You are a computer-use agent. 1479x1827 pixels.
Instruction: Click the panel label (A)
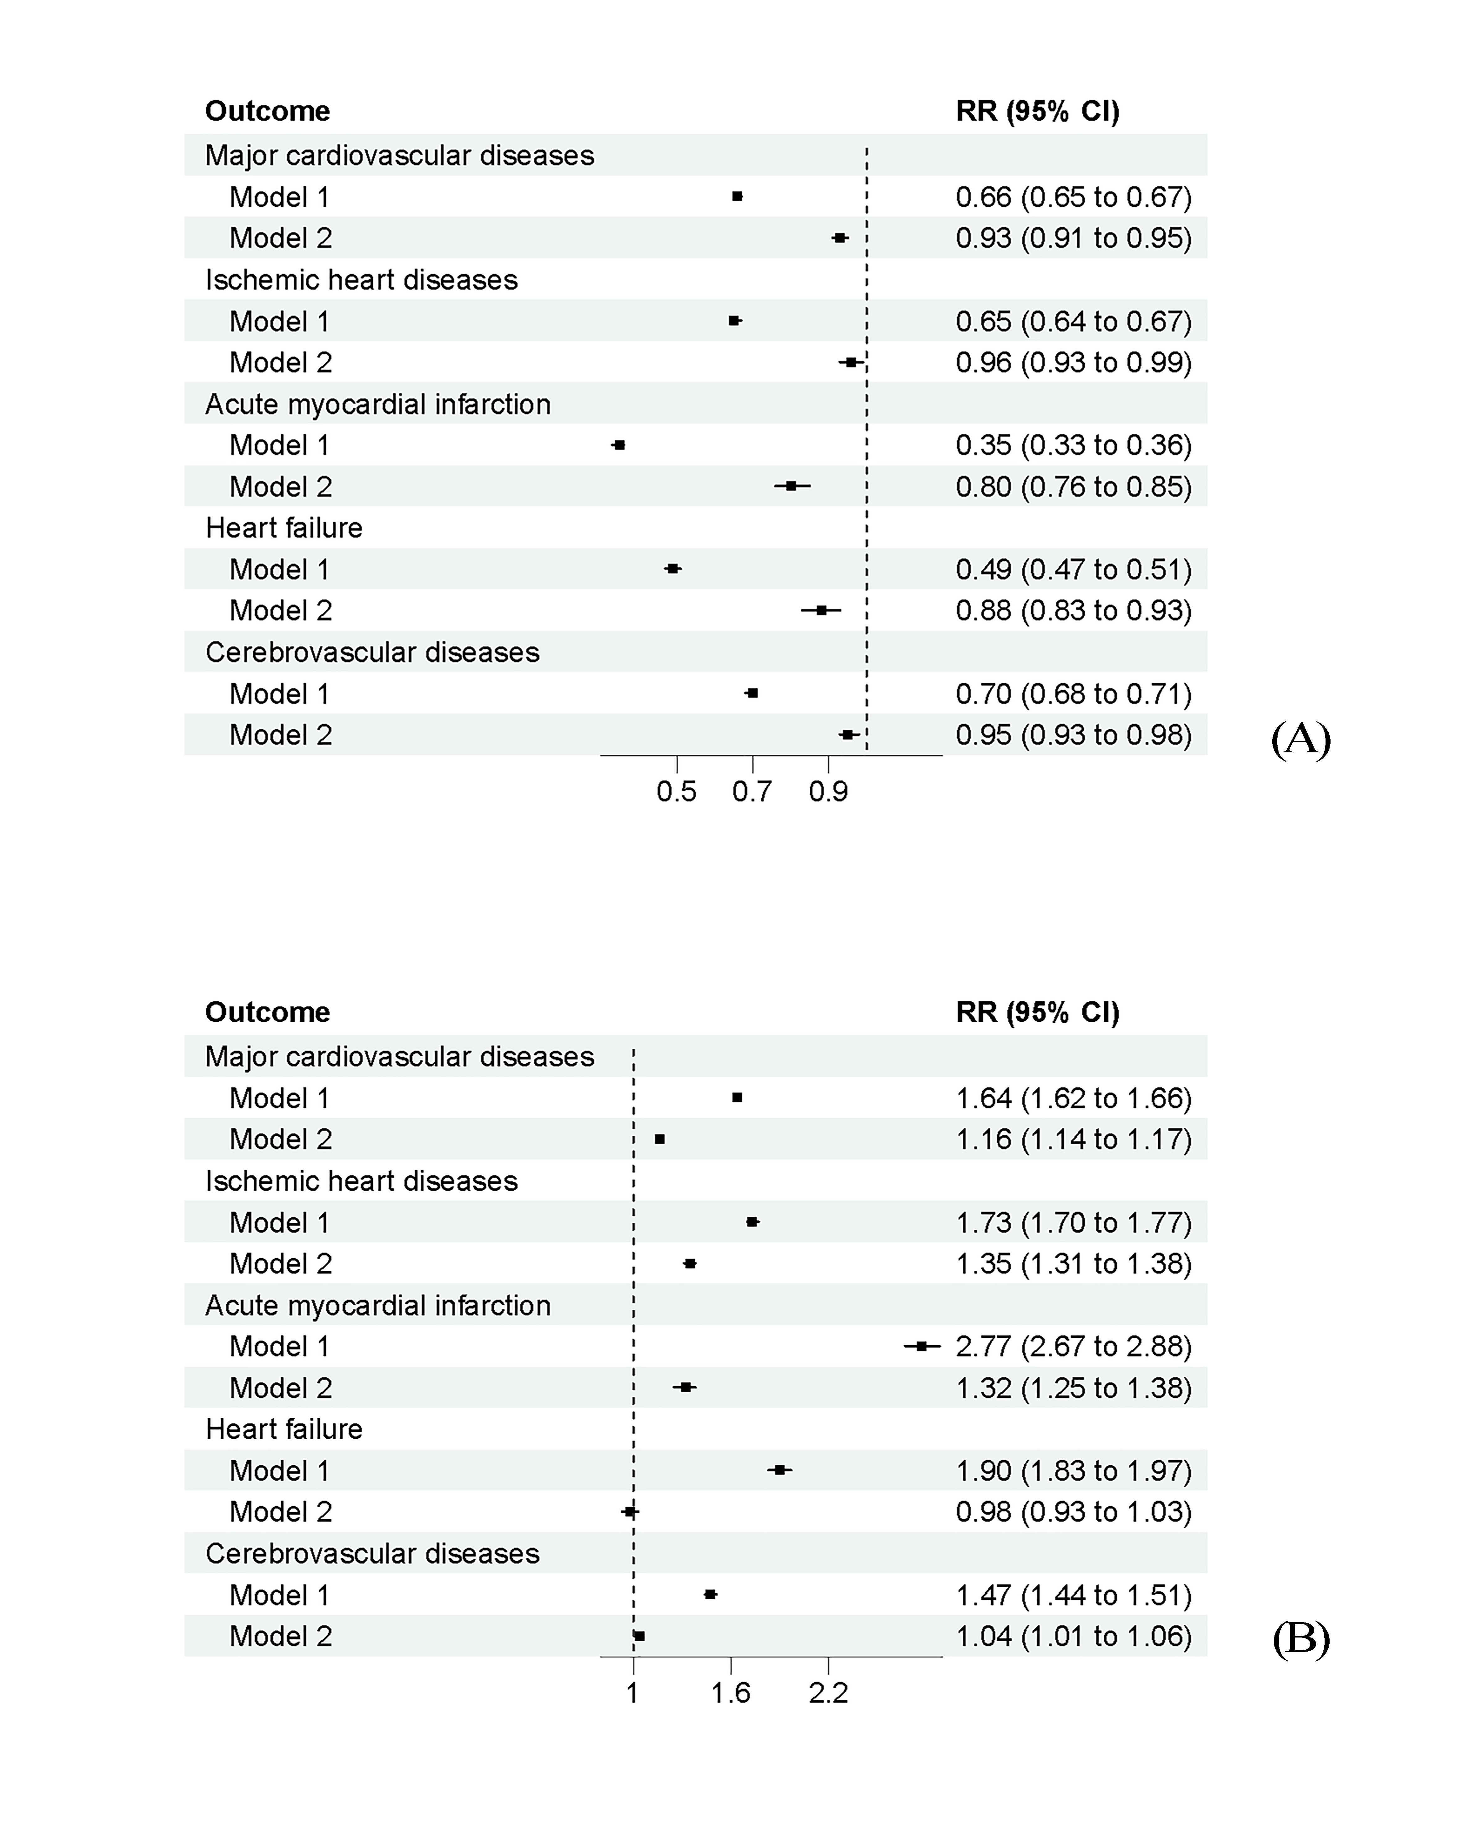(1300, 739)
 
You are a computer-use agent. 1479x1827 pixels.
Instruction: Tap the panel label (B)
(1300, 1640)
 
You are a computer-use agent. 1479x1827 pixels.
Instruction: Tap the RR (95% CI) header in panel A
(1038, 111)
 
